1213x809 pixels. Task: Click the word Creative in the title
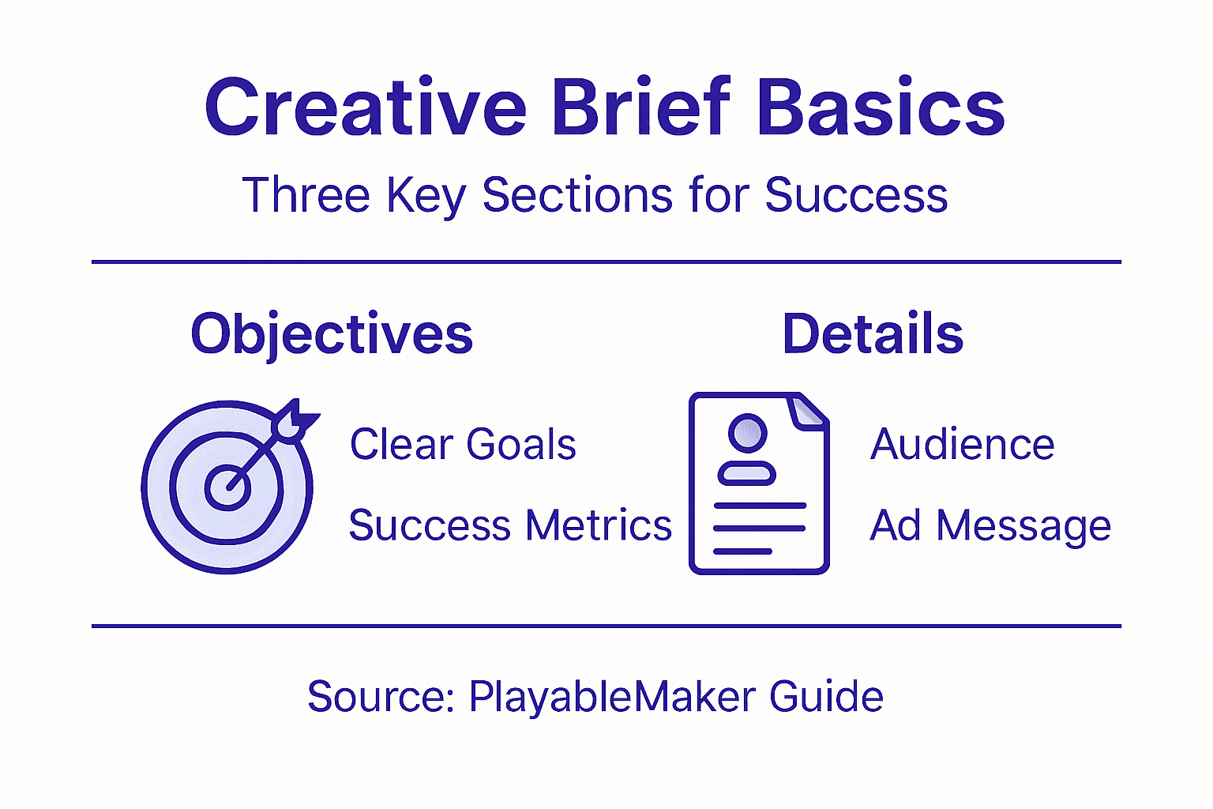[x=365, y=108]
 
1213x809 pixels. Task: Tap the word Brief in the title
[x=641, y=108]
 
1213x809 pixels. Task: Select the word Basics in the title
[x=881, y=108]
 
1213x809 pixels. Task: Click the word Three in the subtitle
[x=306, y=195]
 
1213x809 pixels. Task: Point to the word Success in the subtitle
[x=856, y=195]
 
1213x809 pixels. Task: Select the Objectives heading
[x=332, y=334]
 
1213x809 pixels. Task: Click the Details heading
[x=873, y=333]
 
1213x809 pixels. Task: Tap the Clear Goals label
[x=463, y=444]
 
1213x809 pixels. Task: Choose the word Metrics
[x=599, y=525]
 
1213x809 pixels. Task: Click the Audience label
[x=962, y=444]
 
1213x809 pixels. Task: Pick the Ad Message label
[x=990, y=526]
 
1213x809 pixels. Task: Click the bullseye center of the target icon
[x=228, y=487]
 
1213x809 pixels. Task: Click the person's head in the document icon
[x=747, y=433]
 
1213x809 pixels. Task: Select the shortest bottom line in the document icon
[x=742, y=551]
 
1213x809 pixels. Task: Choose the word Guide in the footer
[x=826, y=697]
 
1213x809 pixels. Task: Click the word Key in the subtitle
[x=426, y=196]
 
